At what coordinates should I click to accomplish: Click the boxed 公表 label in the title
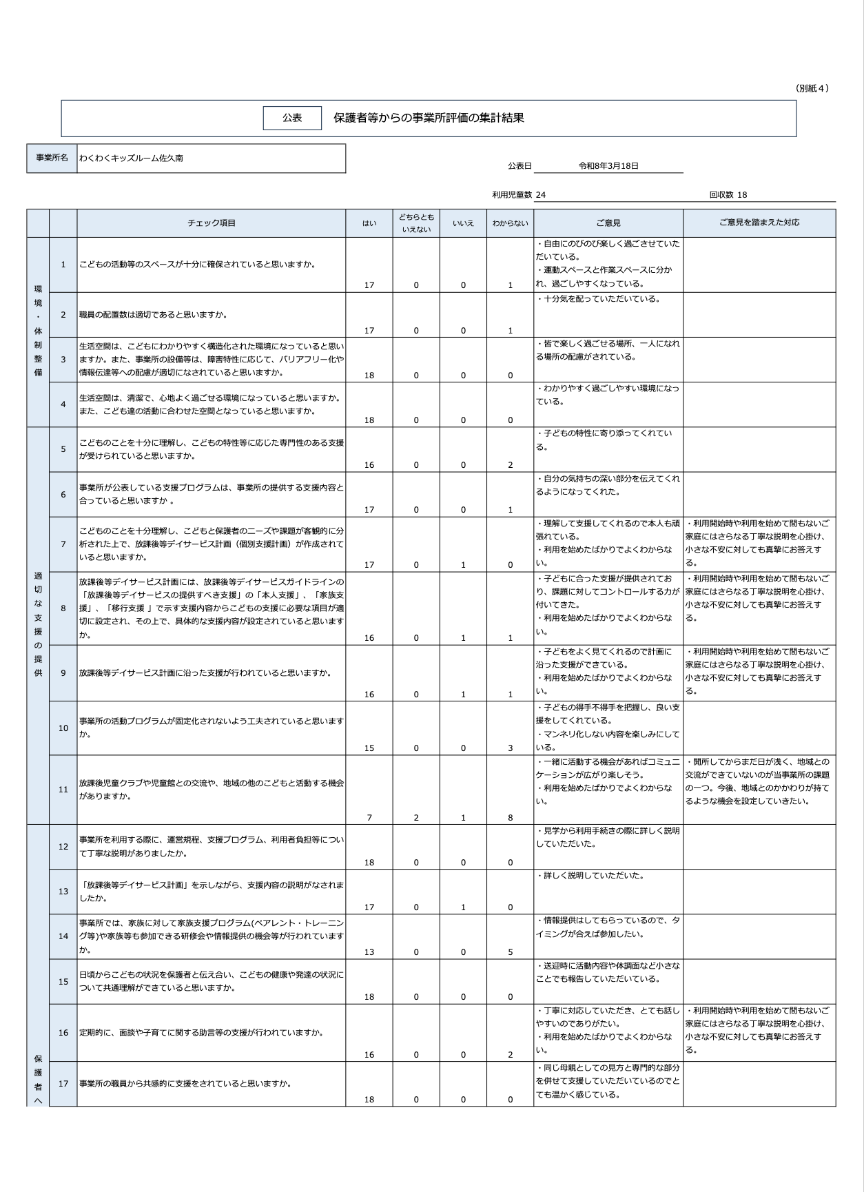[x=292, y=118]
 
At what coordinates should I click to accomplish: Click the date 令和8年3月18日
[x=608, y=166]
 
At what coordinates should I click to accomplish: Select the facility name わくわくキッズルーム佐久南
[x=131, y=158]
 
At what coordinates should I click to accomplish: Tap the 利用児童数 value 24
[x=541, y=195]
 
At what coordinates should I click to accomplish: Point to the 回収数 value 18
[x=742, y=195]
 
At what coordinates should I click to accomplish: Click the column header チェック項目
[x=212, y=223]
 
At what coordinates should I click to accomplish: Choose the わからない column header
[x=510, y=223]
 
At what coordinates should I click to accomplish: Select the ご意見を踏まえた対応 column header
[x=759, y=223]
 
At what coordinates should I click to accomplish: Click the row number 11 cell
[x=63, y=790]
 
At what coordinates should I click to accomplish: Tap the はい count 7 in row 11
[x=369, y=818]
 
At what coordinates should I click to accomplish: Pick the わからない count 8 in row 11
[x=510, y=818]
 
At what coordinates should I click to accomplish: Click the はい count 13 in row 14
[x=369, y=952]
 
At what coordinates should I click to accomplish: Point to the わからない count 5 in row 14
[x=510, y=952]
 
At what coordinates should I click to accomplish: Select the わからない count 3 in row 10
[x=510, y=748]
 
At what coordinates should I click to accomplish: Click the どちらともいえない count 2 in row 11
[x=416, y=818]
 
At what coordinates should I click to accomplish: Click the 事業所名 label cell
[x=52, y=158]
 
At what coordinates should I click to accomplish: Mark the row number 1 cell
[x=63, y=265]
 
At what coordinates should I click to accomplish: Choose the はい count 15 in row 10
[x=369, y=748]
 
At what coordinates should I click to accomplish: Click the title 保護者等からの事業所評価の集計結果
[x=429, y=118]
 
